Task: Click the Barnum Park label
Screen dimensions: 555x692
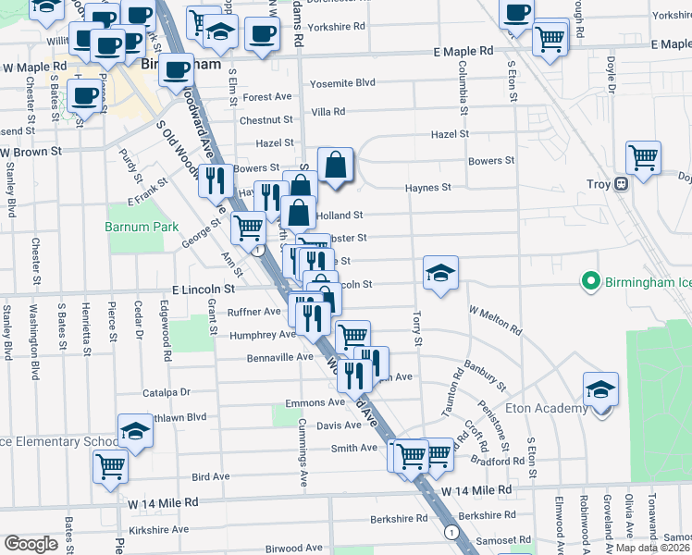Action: pos(141,226)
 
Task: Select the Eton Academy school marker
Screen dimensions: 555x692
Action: pos(600,388)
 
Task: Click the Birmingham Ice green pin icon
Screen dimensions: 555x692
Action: pos(587,280)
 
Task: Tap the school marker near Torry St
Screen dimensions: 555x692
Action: pos(440,273)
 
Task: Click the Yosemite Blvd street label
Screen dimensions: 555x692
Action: pos(341,83)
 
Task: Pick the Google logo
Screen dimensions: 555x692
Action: pos(31,543)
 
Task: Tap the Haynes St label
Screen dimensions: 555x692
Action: pos(427,188)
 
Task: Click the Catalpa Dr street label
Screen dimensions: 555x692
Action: pos(166,392)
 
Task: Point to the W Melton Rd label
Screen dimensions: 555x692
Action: pos(494,321)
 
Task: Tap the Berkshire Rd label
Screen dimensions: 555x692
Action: pos(485,514)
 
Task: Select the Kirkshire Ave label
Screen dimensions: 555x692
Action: pos(158,529)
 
